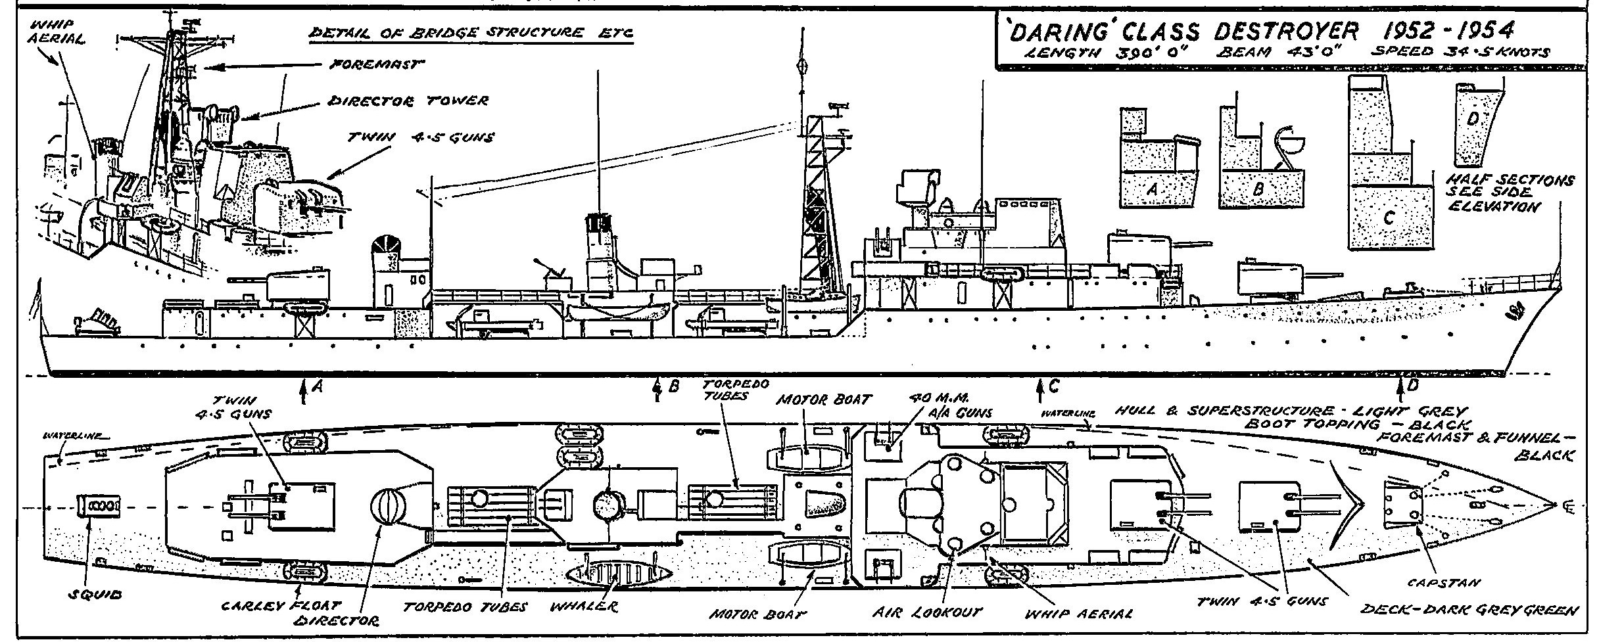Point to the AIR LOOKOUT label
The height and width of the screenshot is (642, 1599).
pos(926,612)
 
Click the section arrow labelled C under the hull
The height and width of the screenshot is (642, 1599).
pos(1039,392)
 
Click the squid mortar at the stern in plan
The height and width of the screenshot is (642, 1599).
pos(99,505)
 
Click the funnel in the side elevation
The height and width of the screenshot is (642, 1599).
pos(598,250)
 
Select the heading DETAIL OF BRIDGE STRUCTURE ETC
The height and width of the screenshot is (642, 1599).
pos(471,34)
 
